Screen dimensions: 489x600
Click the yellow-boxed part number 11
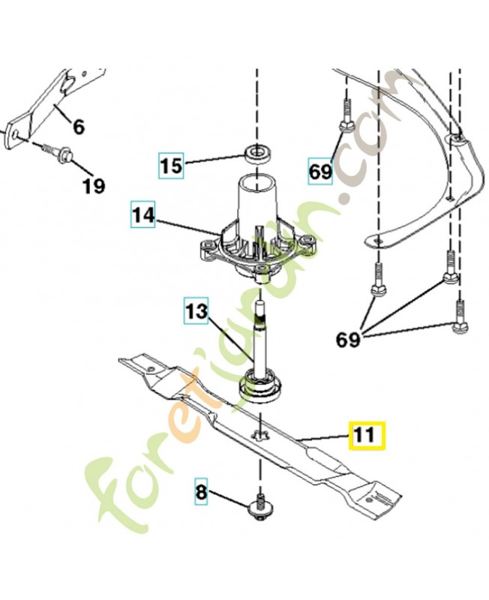coord(366,435)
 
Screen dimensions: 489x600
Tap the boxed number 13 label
coord(196,310)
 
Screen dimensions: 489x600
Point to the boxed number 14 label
coord(143,214)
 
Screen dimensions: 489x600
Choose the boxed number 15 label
coord(172,166)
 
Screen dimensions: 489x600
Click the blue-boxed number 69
coord(320,172)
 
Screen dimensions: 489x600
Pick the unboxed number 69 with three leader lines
coord(348,339)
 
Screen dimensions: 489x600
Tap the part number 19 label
coord(94,186)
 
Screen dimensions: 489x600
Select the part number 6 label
coord(78,127)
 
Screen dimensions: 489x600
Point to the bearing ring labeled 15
coord(256,154)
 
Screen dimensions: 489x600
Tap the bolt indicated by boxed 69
coord(346,117)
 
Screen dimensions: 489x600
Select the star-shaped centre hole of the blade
coord(259,435)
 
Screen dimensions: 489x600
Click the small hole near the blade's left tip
coord(152,369)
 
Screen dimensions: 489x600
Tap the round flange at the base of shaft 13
coord(259,388)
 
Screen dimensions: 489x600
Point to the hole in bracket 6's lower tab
coord(15,135)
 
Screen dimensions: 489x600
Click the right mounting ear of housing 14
coord(307,244)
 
